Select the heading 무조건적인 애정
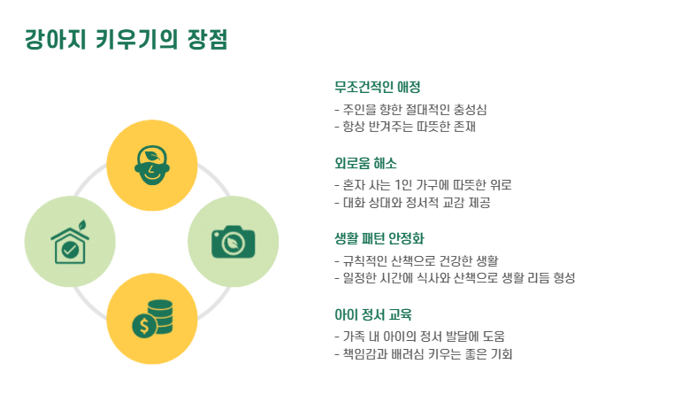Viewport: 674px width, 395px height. (377, 87)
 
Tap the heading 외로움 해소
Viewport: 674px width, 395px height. (365, 163)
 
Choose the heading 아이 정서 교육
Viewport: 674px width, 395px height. (373, 314)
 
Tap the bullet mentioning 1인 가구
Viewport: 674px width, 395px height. (423, 185)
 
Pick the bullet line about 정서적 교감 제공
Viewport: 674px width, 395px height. (412, 203)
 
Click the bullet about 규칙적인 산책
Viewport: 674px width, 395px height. (416, 261)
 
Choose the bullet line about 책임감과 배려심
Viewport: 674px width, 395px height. (423, 354)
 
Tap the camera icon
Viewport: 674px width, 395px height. (233, 241)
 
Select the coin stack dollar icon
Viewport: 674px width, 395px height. (151, 319)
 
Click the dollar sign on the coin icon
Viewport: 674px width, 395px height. (143, 325)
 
